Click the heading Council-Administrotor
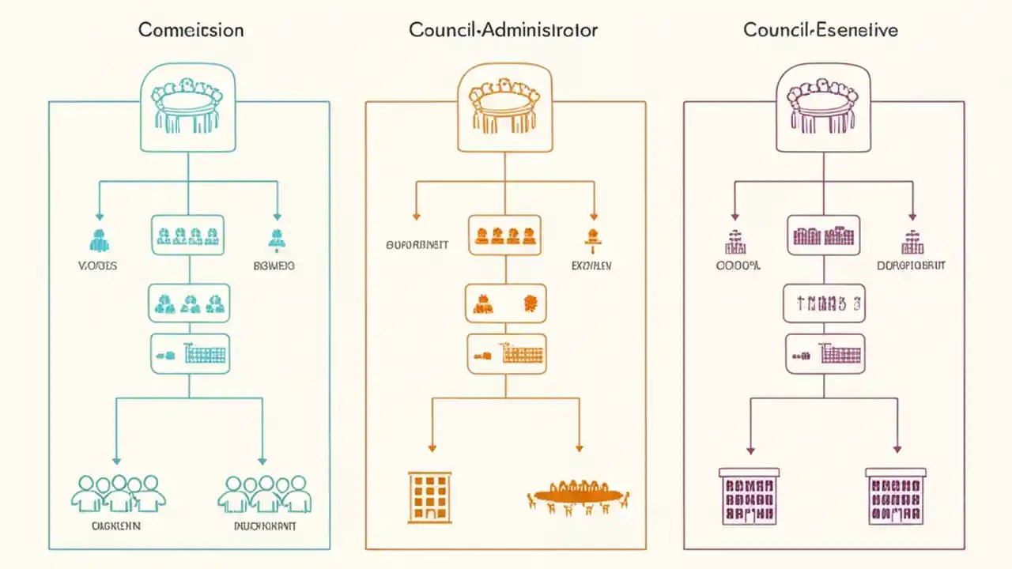[x=503, y=31]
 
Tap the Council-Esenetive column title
[x=820, y=31]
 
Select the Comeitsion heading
[x=191, y=31]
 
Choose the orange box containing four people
[x=504, y=236]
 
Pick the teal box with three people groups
[x=189, y=303]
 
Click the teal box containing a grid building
[x=190, y=353]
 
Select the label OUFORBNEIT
[x=417, y=245]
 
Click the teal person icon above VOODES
[x=99, y=239]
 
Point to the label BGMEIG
[x=274, y=266]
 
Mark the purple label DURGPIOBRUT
[x=911, y=266]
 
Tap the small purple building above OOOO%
[x=736, y=239]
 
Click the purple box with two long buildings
[x=823, y=236]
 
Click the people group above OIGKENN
[x=118, y=494]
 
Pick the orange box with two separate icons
[x=504, y=303]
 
